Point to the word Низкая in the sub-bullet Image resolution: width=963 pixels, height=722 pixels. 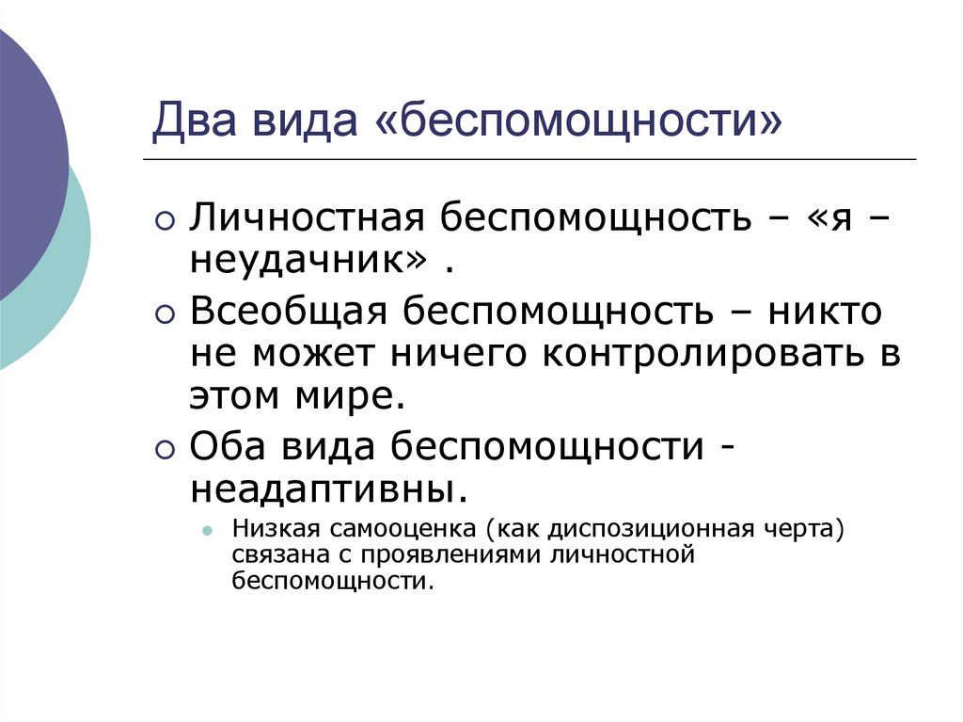pos(275,529)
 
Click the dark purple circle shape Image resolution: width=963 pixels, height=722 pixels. pos(24,160)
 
